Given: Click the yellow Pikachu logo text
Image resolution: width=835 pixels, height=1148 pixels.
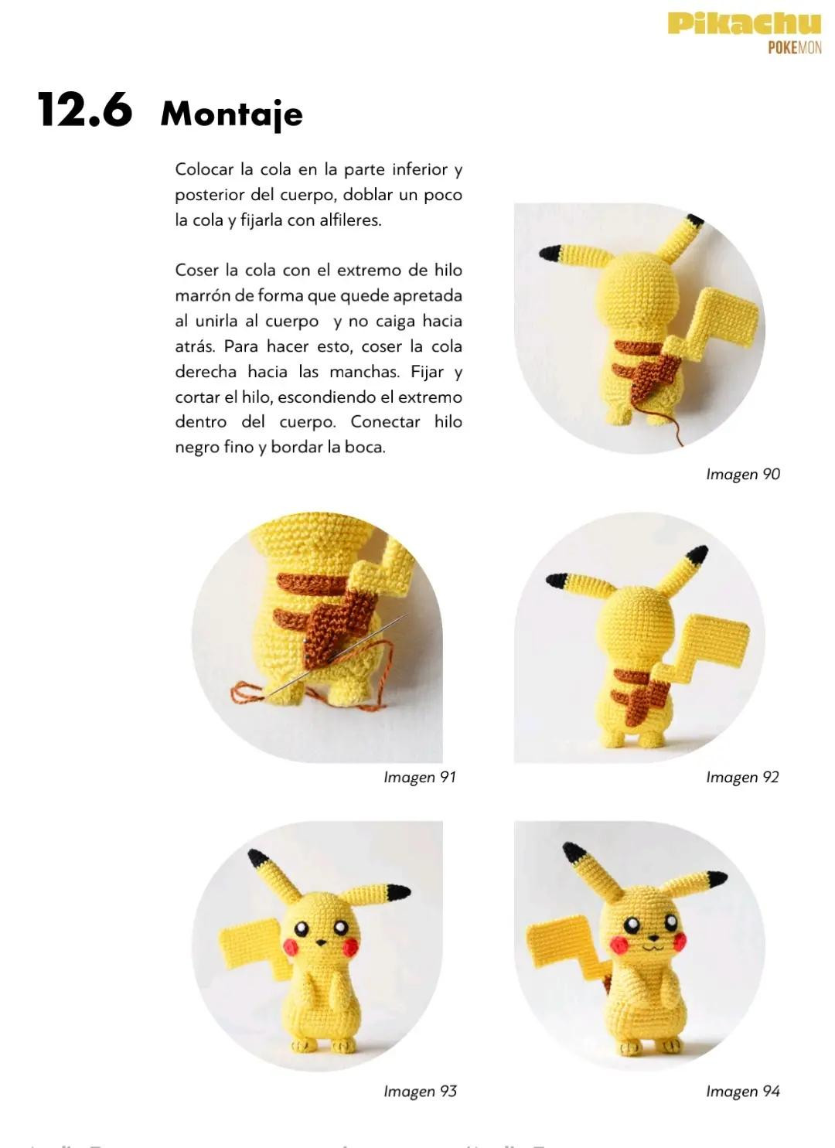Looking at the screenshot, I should tap(744, 23).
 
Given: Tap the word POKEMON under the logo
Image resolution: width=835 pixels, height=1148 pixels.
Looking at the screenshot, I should tap(794, 48).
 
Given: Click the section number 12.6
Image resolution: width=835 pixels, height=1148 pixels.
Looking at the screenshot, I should tap(85, 110).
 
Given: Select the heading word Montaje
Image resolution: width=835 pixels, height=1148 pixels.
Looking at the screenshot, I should tap(231, 114).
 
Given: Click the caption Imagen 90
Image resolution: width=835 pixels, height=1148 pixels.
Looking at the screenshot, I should tap(742, 474).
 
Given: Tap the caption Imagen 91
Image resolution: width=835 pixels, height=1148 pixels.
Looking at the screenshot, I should tap(420, 777).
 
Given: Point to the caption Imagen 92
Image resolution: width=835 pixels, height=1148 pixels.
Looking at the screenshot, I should tap(742, 777).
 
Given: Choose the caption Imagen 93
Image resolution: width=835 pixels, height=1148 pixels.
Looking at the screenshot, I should tap(420, 1091).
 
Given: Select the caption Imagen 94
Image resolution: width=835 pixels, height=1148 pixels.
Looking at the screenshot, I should tap(742, 1091).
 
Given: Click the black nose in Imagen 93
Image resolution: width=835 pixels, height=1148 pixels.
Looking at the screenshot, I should tap(319, 943).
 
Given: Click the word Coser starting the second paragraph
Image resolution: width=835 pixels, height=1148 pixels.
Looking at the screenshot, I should tap(196, 271).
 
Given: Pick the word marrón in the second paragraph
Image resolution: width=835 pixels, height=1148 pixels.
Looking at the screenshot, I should tap(202, 296).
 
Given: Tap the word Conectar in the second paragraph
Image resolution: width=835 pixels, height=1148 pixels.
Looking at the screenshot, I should tap(385, 422).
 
